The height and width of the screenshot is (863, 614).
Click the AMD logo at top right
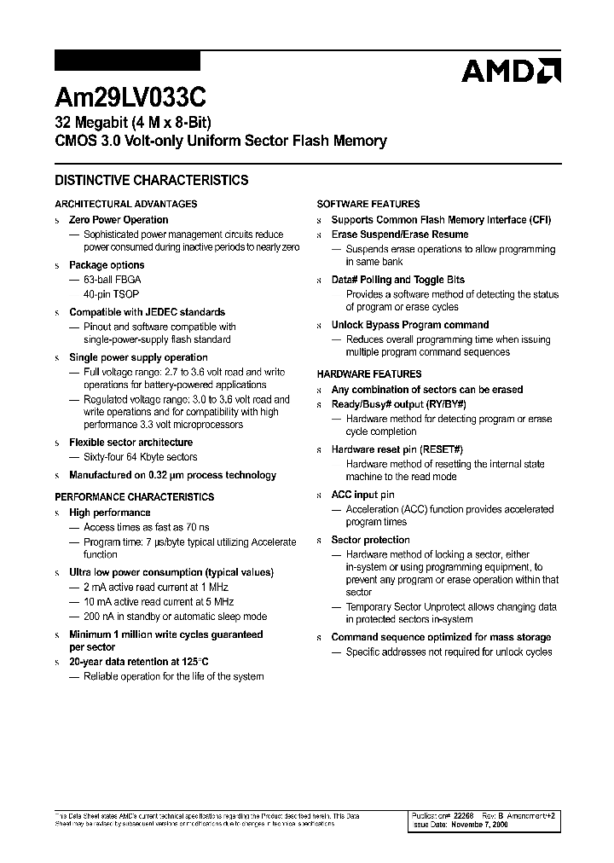(511, 71)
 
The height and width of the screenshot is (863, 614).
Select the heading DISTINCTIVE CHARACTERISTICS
(151, 181)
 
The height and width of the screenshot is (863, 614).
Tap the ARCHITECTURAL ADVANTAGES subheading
(125, 204)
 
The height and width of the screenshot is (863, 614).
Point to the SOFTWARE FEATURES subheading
(368, 204)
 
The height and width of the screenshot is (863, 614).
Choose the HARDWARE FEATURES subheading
(369, 374)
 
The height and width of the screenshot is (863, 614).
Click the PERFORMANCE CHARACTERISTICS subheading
(134, 497)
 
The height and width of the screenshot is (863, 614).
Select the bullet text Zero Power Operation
(119, 220)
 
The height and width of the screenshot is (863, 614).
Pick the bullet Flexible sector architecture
(130, 443)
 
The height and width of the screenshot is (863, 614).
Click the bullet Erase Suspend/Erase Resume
(400, 235)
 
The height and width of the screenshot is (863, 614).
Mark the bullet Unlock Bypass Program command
(410, 325)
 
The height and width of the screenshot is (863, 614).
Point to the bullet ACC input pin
(362, 495)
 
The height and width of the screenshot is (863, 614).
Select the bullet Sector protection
(370, 540)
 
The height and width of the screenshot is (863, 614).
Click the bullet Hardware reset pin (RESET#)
(397, 449)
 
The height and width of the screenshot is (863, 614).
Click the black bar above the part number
(127, 61)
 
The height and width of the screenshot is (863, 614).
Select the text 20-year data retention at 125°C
(139, 662)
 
